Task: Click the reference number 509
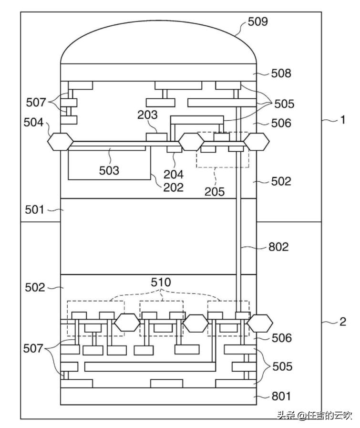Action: point(258,21)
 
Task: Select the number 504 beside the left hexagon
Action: point(34,122)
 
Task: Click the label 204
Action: point(173,175)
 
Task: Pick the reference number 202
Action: point(173,187)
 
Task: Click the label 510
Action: point(161,282)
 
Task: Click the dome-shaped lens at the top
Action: point(159,43)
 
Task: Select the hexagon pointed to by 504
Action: point(61,141)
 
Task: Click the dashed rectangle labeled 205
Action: point(223,149)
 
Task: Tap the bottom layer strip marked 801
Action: point(159,396)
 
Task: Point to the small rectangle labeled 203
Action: point(156,137)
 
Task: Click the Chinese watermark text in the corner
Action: point(314,415)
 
